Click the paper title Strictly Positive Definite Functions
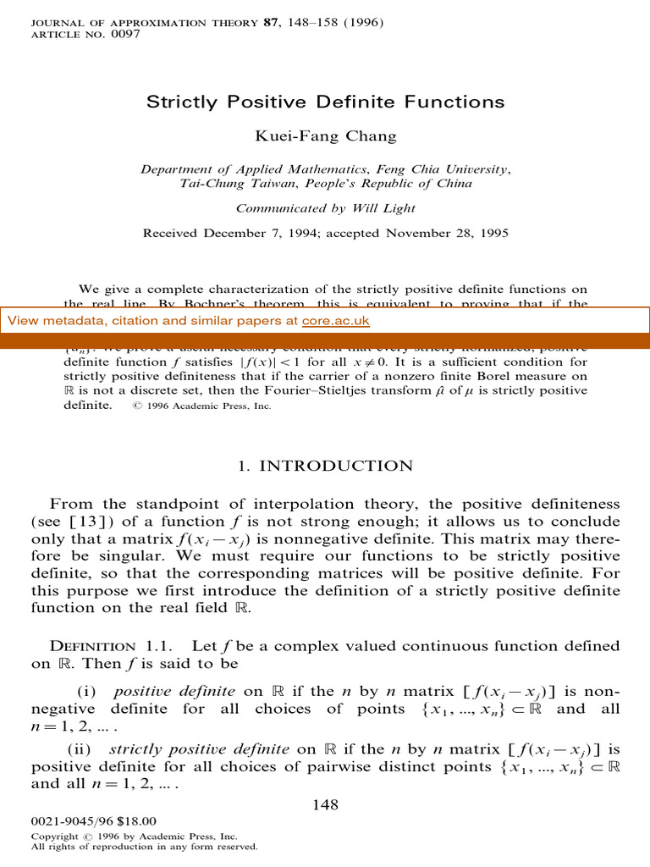pyautogui.click(x=325, y=102)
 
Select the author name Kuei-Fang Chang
pyautogui.click(x=325, y=136)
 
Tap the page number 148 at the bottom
pyautogui.click(x=325, y=804)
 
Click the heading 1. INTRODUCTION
pyautogui.click(x=325, y=467)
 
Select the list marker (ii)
pyautogui.click(x=83, y=750)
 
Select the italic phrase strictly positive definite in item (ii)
pyautogui.click(x=174, y=750)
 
